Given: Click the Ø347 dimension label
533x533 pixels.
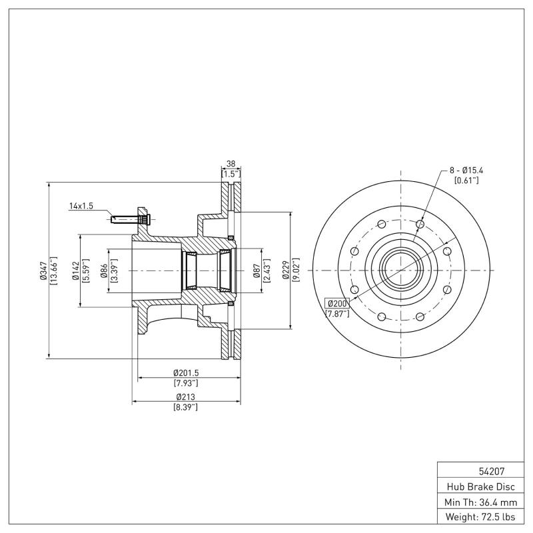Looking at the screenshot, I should click(41, 271).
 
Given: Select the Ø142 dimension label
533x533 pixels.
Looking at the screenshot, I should click(76, 271).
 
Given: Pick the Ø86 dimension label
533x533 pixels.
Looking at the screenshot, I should click(104, 271).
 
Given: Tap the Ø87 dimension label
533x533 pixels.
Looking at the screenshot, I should click(257, 271).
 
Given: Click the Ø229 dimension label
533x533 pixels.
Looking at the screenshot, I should click(284, 271).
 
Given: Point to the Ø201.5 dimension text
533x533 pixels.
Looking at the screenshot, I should click(186, 373).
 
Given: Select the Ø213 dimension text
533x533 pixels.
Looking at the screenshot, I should click(186, 397).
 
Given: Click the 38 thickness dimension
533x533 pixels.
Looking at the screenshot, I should click(231, 163).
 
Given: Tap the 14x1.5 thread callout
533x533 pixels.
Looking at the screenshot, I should click(81, 207).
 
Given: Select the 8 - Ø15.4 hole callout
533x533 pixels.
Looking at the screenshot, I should click(466, 171).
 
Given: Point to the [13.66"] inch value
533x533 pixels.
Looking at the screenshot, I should click(53, 271).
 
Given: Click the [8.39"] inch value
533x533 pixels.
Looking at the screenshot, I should click(186, 406).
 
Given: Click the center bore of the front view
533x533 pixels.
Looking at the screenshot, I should click(400, 270).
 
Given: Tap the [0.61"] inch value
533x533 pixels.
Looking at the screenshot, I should click(466, 181).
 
